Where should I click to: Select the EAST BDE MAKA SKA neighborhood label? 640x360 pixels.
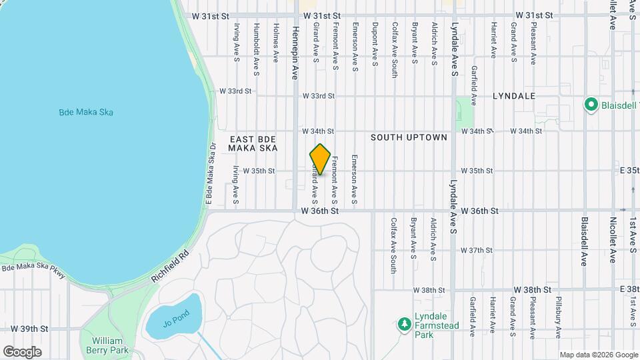pos(253,143)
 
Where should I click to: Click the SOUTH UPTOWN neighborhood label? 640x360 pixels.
pos(409,137)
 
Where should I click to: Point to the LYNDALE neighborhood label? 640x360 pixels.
pos(514,96)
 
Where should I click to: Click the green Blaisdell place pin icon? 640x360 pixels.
pos(590,105)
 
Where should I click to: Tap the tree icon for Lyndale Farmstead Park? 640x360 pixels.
pos(403,324)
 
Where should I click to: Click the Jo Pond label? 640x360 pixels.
pos(173,324)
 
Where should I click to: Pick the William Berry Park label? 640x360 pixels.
pos(106,345)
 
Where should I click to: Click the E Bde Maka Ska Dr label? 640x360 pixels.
pos(209,174)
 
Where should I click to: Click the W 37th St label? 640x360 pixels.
pos(476,251)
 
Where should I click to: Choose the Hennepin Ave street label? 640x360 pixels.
pos(295,53)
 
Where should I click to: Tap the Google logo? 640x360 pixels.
pos(23,351)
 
